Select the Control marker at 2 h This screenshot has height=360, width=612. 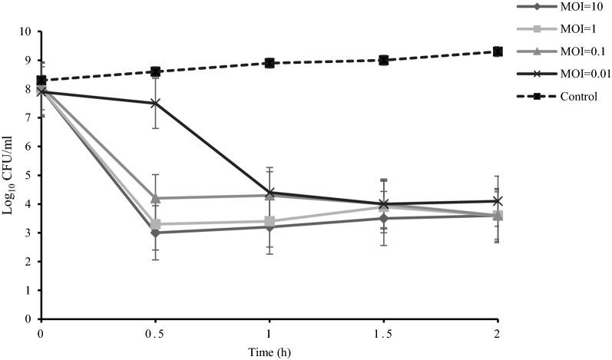coord(498,51)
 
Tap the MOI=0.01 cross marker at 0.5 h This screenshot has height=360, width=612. coord(155,103)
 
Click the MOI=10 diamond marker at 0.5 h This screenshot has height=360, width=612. coord(155,233)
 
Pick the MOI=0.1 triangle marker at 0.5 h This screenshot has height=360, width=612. coord(155,198)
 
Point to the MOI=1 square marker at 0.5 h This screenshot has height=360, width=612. coord(155,224)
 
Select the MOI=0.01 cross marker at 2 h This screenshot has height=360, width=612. coord(498,201)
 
